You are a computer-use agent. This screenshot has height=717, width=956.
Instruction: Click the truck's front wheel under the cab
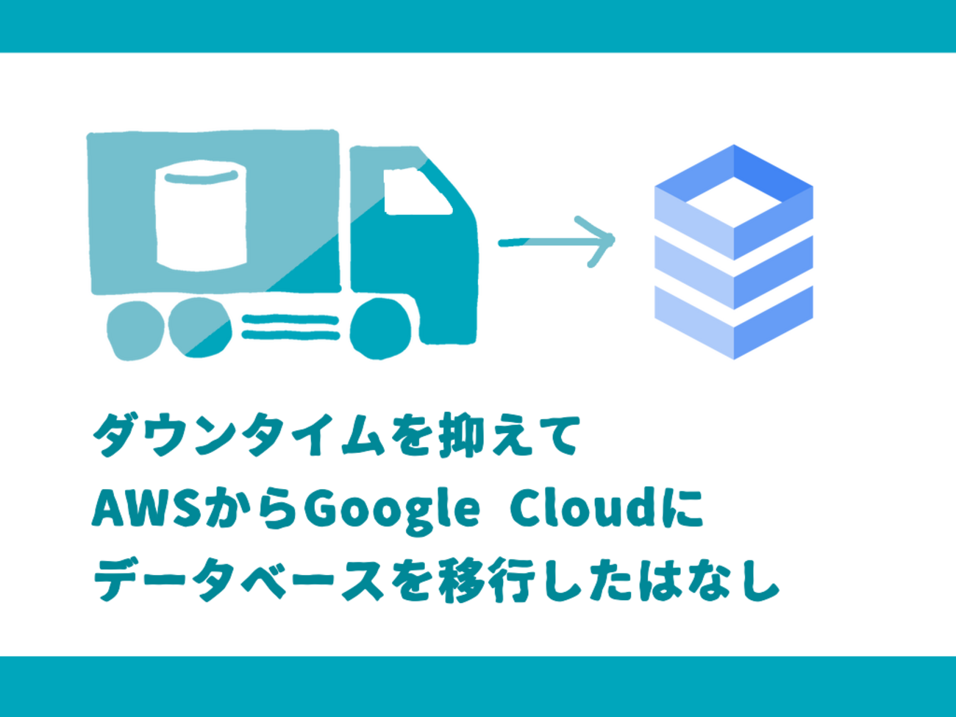(379, 329)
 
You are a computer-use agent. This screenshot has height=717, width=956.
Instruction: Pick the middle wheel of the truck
(199, 327)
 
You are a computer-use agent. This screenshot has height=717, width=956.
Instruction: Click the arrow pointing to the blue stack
(557, 241)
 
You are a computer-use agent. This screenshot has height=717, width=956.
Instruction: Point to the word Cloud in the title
(582, 508)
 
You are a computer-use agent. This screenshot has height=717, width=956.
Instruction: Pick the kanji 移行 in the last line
(488, 580)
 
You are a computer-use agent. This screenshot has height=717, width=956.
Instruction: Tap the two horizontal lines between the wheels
(290, 328)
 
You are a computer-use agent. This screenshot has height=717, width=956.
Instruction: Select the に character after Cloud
(683, 508)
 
